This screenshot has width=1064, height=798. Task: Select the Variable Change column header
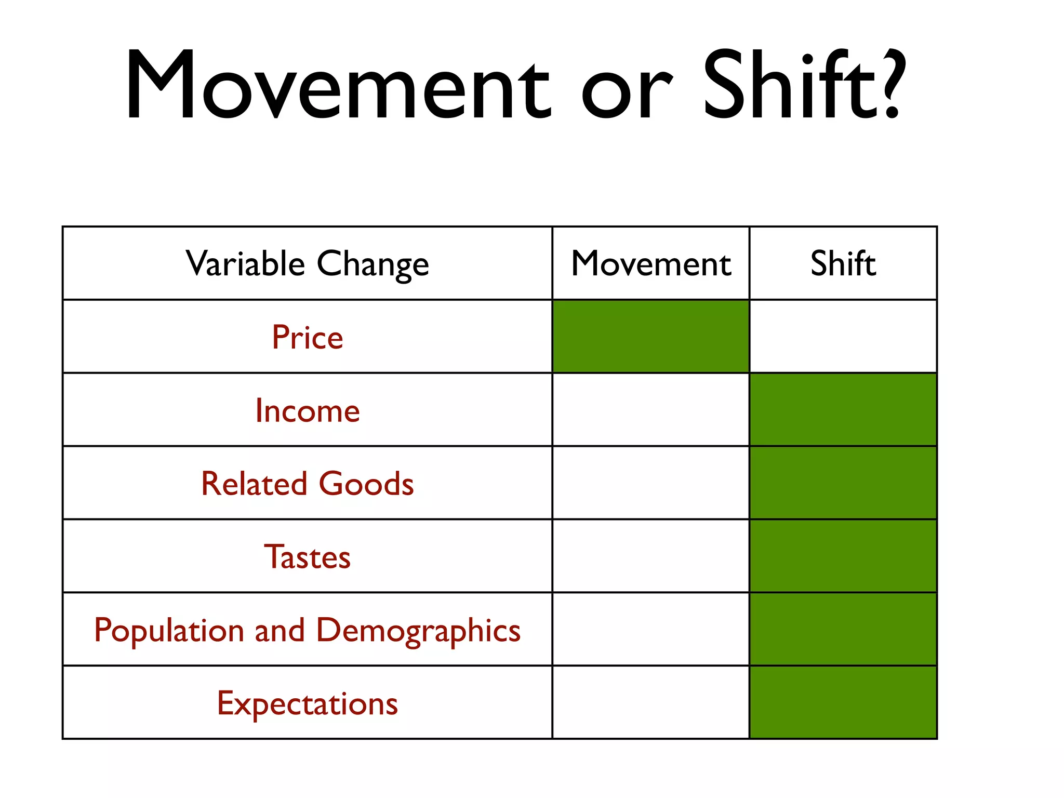pyautogui.click(x=307, y=263)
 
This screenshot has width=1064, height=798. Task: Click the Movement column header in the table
pyautogui.click(x=650, y=263)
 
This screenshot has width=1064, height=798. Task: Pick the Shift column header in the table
pyautogui.click(x=843, y=263)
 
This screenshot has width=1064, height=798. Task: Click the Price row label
pyautogui.click(x=307, y=337)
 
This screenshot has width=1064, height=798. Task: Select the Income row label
pyautogui.click(x=307, y=410)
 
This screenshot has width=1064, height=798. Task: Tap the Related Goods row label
pyautogui.click(x=307, y=483)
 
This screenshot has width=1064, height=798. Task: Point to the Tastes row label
pyautogui.click(x=307, y=556)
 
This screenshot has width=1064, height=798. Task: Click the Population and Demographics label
pyautogui.click(x=307, y=630)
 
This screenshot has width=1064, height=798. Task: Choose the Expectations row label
pyautogui.click(x=307, y=703)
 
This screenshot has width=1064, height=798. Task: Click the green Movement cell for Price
pyautogui.click(x=650, y=337)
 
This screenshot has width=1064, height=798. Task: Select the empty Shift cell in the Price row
pyautogui.click(x=843, y=337)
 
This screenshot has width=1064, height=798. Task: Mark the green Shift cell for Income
pyautogui.click(x=843, y=410)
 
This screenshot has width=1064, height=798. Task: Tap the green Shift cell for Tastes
pyautogui.click(x=843, y=556)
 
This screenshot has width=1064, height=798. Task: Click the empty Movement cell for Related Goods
pyautogui.click(x=650, y=483)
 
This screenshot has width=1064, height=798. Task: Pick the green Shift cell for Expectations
pyautogui.click(x=843, y=702)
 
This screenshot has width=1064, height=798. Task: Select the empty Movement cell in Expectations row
pyautogui.click(x=650, y=702)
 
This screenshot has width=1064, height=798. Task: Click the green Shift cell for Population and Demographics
pyautogui.click(x=843, y=629)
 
